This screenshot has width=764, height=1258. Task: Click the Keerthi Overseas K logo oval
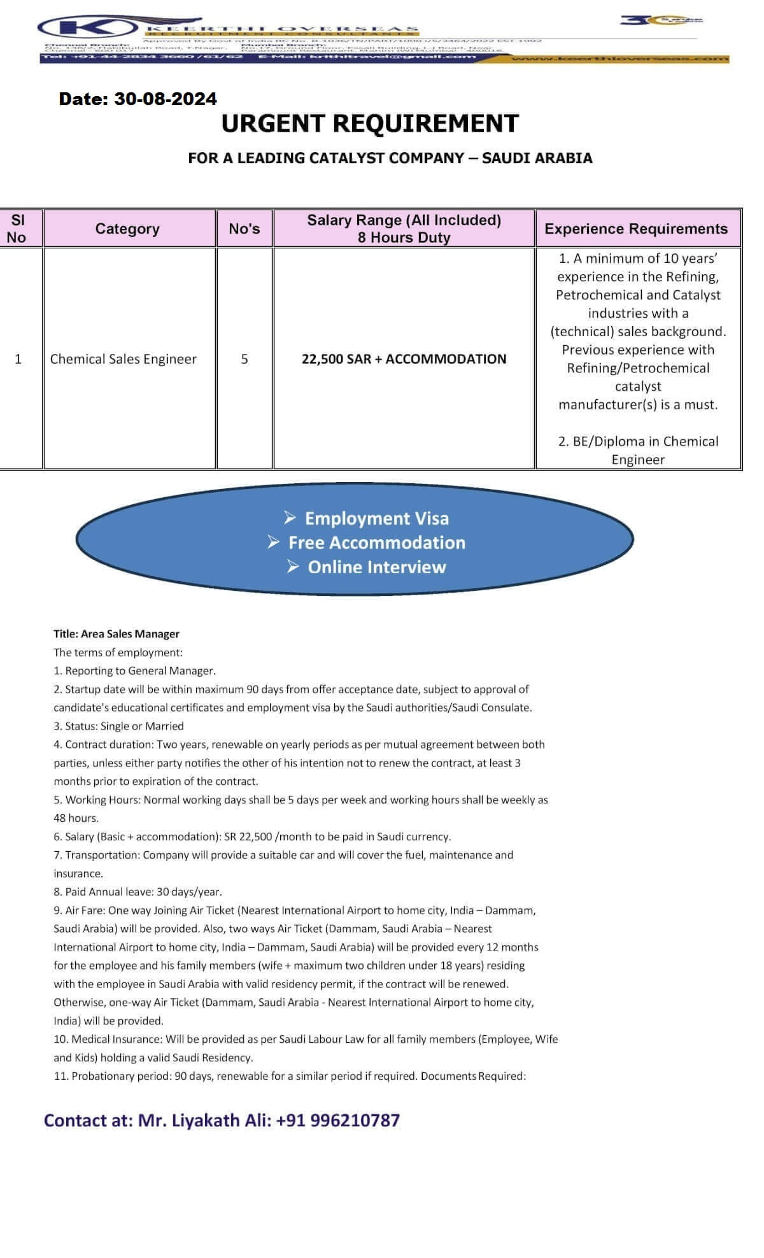(87, 28)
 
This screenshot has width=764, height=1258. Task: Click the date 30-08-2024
(166, 99)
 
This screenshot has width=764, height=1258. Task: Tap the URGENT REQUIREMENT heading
(370, 124)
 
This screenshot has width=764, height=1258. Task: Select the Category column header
(127, 229)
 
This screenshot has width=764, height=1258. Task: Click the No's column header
(244, 229)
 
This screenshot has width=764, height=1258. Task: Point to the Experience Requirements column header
(636, 229)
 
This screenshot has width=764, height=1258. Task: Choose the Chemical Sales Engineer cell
(124, 359)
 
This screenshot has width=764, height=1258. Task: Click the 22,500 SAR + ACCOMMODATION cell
(404, 359)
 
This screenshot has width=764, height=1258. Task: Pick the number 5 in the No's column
(244, 359)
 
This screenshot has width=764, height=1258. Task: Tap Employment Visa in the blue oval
(376, 518)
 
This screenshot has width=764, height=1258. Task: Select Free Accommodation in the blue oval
(376, 542)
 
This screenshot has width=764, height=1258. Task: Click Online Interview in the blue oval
(376, 567)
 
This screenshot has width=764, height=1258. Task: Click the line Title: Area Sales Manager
(117, 633)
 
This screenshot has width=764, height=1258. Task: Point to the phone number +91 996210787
(338, 1120)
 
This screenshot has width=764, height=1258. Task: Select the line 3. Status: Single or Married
(118, 726)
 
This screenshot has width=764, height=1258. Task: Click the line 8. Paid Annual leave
(138, 892)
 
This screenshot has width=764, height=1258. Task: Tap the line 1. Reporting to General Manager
(134, 670)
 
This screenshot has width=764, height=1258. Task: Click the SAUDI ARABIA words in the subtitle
(537, 158)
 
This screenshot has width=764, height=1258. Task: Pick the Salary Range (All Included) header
(404, 220)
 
